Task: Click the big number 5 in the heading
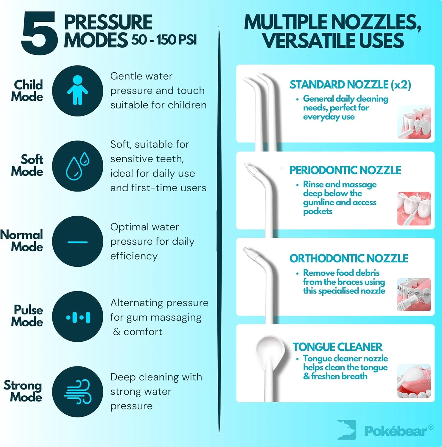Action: click(39, 33)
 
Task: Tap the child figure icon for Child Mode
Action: click(77, 90)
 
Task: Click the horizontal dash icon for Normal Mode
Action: click(77, 242)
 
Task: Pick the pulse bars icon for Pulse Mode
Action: click(78, 317)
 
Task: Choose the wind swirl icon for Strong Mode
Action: click(77, 392)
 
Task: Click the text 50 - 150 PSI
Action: click(164, 40)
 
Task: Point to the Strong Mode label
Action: click(23, 391)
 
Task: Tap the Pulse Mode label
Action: click(27, 316)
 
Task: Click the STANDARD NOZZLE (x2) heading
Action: click(350, 85)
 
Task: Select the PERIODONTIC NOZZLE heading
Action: click(345, 170)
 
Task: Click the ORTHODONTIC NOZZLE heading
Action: click(349, 258)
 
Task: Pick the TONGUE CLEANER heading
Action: click(337, 347)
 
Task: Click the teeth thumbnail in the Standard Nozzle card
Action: click(414, 122)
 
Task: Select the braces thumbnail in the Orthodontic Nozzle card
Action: click(414, 295)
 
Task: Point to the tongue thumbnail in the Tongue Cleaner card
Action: click(414, 381)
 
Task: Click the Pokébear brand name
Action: click(396, 431)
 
